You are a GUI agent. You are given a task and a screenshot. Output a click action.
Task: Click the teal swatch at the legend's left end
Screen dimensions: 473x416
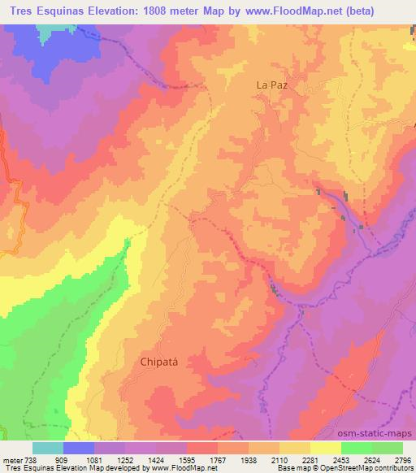48,448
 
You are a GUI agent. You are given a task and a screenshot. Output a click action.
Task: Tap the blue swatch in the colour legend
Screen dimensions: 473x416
79,448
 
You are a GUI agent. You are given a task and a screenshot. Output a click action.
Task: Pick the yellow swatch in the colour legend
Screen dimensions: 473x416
325,448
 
